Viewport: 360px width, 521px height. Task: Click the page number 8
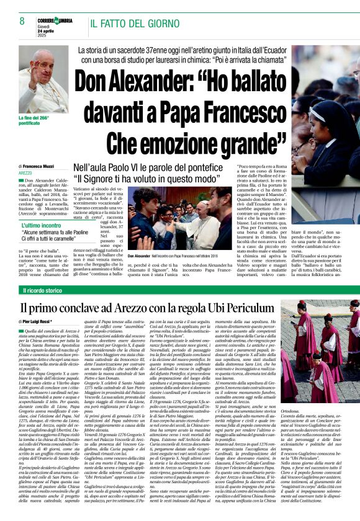[22, 22]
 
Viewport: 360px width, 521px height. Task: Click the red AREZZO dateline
[25, 172]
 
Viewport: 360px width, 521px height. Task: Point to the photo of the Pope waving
[43, 78]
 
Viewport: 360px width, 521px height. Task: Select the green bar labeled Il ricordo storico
[43, 290]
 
